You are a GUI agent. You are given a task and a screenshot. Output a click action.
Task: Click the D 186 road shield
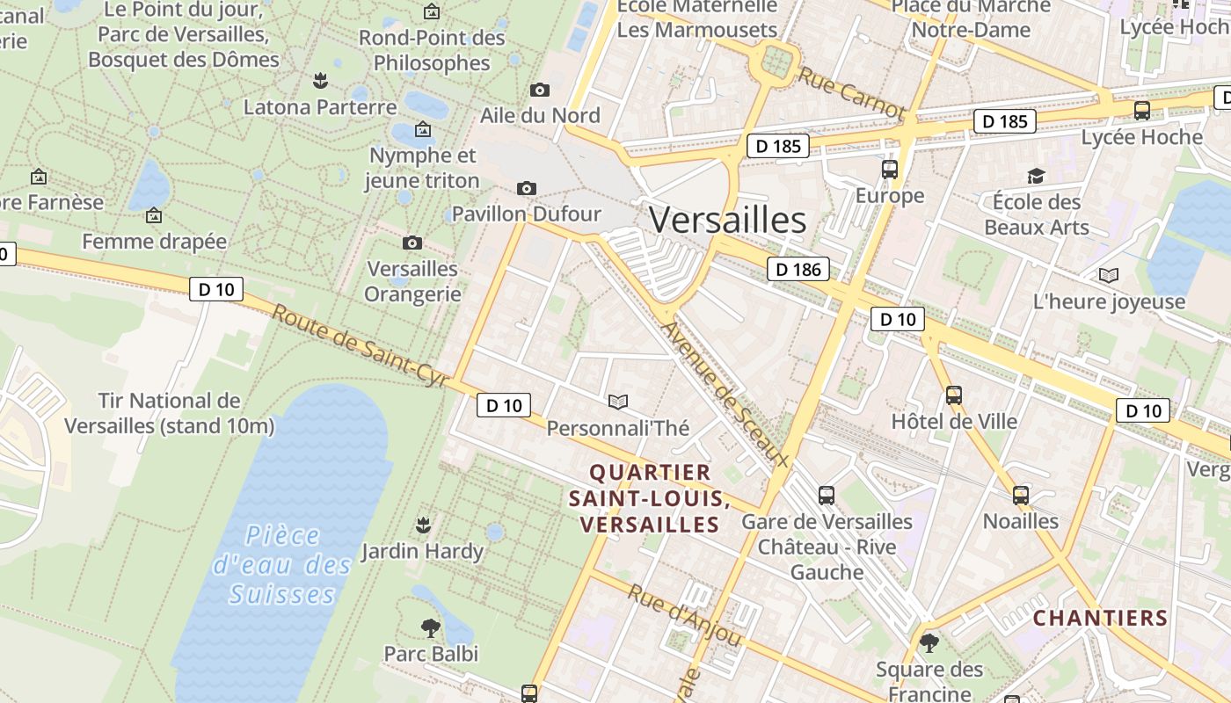tap(798, 270)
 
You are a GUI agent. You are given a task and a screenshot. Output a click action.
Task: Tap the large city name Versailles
tap(728, 220)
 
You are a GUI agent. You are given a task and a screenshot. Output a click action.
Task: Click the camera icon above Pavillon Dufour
tap(527, 188)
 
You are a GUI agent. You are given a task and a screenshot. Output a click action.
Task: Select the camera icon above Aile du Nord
tap(540, 90)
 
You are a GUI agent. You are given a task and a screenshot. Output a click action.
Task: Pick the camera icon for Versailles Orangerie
tap(412, 243)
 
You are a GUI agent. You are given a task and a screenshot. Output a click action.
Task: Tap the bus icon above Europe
tap(889, 170)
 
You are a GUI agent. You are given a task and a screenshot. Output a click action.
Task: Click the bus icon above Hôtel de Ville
tap(954, 395)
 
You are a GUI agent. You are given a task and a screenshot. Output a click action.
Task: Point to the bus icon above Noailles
tap(1020, 496)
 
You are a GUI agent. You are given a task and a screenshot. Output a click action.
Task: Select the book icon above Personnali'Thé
tap(618, 402)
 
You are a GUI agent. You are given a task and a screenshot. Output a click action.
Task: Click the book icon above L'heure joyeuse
tap(1109, 276)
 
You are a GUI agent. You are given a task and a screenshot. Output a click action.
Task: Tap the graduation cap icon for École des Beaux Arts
tap(1036, 176)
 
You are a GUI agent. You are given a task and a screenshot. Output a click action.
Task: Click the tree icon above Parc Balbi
tap(431, 627)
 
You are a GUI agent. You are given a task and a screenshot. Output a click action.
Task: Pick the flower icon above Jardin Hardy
tap(423, 525)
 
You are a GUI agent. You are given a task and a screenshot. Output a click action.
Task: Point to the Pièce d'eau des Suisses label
tap(283, 565)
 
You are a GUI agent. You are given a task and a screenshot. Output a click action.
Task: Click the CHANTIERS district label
tap(1100, 618)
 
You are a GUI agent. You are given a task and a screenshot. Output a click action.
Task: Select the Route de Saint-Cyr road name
tap(361, 345)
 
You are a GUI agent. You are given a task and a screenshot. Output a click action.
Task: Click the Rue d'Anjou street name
tap(684, 615)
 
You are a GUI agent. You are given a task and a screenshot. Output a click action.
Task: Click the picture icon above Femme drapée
tap(154, 215)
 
